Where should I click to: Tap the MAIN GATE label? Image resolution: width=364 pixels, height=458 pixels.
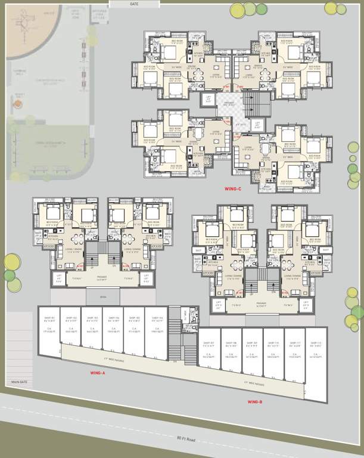coord(20,382)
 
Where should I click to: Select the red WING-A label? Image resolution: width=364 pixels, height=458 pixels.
coord(97,373)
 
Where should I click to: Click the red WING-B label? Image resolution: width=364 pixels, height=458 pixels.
coord(255,402)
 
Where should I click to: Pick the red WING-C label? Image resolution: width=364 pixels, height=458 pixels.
coord(232,189)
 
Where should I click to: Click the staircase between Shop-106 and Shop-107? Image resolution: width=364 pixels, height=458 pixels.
coord(175,334)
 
